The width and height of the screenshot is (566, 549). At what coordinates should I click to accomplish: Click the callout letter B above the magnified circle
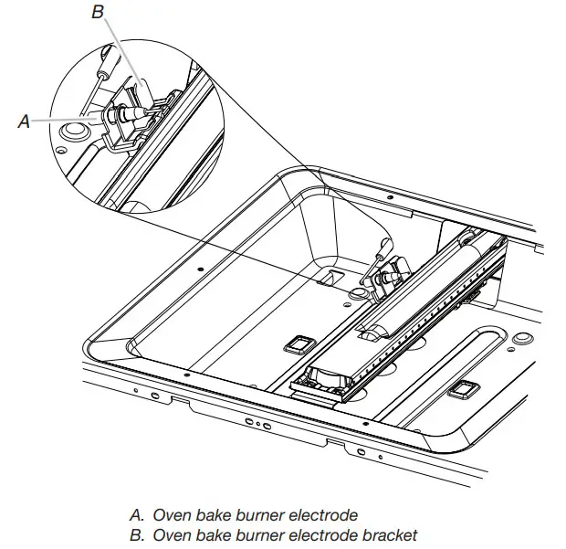coord(99,12)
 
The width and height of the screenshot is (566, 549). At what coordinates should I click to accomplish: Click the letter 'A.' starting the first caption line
coord(139,514)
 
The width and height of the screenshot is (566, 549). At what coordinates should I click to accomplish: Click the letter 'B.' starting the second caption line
coord(139,534)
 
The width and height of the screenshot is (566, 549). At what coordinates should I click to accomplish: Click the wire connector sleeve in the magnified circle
coord(108,64)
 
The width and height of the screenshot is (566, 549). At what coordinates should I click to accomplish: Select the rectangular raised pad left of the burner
coord(297,343)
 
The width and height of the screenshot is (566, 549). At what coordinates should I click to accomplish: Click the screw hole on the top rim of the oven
coord(391,197)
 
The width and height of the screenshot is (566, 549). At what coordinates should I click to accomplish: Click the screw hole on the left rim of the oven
coord(199,270)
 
